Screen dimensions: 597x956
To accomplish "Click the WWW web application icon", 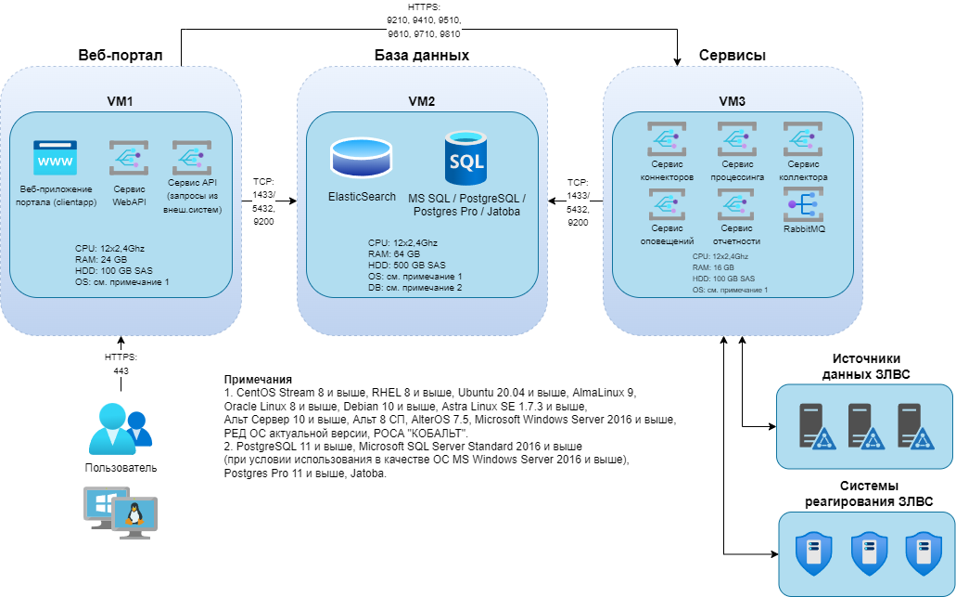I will click(x=55, y=158).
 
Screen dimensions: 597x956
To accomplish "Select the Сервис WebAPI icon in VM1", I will click(x=124, y=158).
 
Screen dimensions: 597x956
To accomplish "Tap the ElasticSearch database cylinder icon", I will click(x=362, y=159).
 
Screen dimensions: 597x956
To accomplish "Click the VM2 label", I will click(x=421, y=101).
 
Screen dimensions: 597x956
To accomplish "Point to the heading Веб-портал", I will click(x=121, y=56).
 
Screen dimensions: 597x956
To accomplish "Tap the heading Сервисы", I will click(x=732, y=56).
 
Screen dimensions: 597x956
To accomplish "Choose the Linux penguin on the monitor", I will click(x=135, y=513).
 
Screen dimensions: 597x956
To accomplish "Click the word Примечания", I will click(x=258, y=381).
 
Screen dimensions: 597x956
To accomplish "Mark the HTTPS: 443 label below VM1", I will click(x=121, y=364).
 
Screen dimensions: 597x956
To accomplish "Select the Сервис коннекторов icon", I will click(x=665, y=141).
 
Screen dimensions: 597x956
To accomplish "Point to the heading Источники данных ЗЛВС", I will click(x=865, y=367).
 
